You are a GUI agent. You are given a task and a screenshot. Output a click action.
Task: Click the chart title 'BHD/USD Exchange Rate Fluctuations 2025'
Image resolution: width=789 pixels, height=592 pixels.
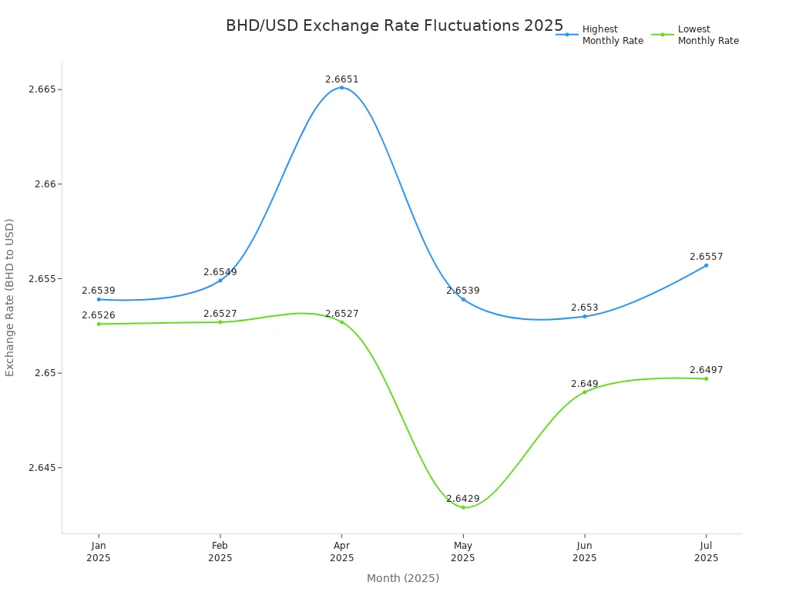(394, 25)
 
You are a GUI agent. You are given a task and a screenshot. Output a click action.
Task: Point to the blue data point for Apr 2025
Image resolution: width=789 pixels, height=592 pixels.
(341, 88)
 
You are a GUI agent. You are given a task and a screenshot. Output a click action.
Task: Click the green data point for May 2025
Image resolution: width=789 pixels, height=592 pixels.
(463, 507)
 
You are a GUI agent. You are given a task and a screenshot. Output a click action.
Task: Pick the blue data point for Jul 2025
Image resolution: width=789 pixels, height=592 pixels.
(706, 265)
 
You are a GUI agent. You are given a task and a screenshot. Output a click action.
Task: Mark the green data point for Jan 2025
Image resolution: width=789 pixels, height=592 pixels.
(99, 324)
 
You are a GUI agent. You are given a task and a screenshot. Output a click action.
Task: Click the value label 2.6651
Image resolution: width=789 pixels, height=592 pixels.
(341, 79)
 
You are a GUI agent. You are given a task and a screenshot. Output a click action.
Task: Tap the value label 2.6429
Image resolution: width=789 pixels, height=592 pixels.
(463, 499)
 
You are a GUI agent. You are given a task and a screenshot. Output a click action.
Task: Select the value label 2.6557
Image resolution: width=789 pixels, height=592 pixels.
(706, 257)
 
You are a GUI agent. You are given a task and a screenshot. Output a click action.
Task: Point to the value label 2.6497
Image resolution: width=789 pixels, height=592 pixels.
(706, 370)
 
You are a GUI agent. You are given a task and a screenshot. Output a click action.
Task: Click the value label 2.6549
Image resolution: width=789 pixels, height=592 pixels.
(220, 272)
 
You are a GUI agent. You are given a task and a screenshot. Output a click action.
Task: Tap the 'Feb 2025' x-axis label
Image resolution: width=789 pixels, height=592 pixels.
(220, 552)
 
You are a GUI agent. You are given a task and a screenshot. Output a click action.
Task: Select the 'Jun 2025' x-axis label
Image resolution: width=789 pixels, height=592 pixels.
(585, 552)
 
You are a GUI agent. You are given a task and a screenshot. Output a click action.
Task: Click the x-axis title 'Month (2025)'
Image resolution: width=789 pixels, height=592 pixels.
(402, 578)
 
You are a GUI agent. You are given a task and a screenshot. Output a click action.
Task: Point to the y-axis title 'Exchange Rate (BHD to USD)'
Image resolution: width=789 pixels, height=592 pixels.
(10, 297)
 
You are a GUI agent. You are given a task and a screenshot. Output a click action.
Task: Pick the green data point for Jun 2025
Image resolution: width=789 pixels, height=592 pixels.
(585, 392)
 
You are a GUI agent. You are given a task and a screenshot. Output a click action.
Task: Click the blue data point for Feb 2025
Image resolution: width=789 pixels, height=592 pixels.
(220, 280)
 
